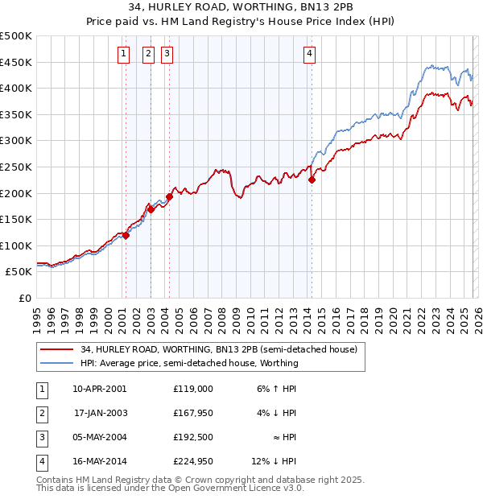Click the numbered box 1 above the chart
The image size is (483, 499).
(124, 54)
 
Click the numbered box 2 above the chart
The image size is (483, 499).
(149, 54)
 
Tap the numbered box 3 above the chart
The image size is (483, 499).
(167, 54)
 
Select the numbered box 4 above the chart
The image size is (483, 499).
(309, 54)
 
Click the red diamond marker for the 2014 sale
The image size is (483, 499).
(312, 180)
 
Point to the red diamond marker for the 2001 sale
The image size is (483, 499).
(126, 235)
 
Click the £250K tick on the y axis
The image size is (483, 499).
(16, 167)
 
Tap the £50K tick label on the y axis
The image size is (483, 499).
(19, 272)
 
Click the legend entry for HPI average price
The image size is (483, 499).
(189, 363)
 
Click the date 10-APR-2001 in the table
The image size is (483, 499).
(99, 389)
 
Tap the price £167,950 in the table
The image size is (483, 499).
(192, 413)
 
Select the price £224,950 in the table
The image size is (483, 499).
(192, 461)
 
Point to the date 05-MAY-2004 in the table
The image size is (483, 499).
(99, 437)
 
